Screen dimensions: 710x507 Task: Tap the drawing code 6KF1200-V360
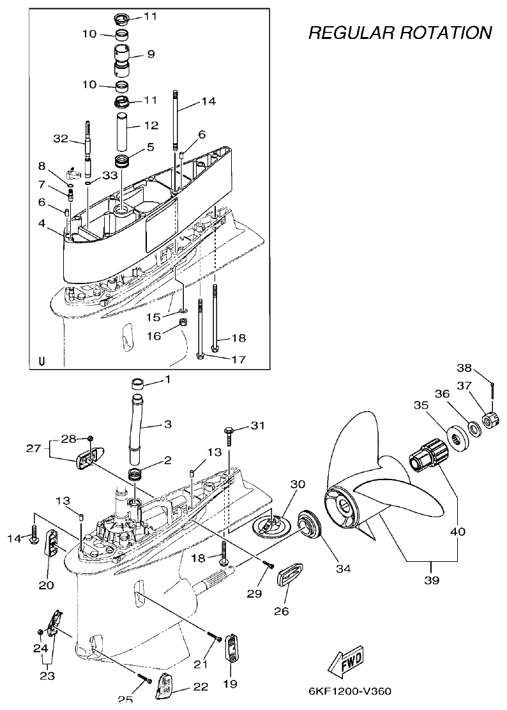point(349,691)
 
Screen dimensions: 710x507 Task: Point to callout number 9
point(151,55)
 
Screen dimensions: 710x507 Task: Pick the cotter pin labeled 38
point(493,388)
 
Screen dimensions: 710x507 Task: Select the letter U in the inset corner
point(42,361)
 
